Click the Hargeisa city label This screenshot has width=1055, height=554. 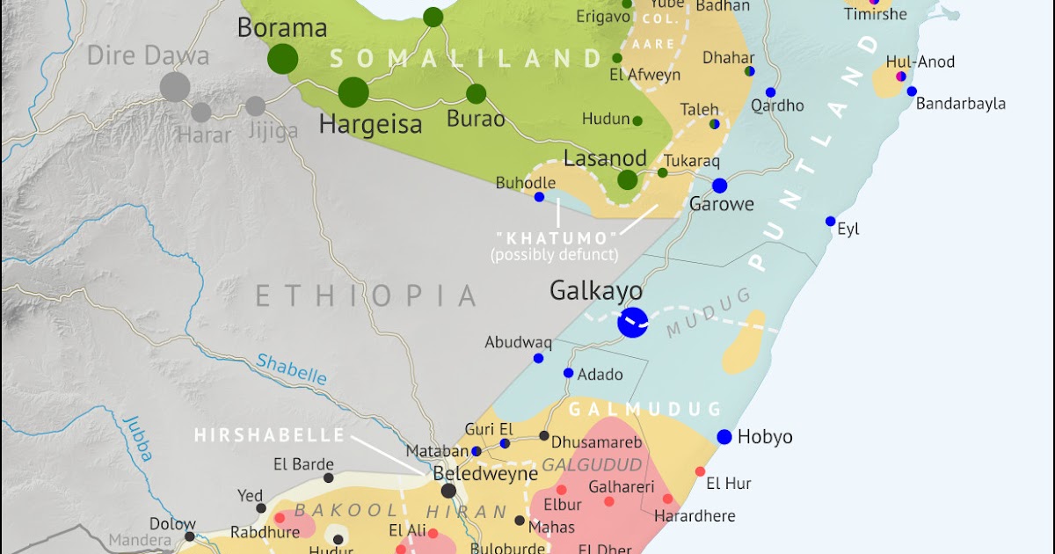coord(370,124)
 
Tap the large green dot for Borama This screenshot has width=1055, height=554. coord(283,59)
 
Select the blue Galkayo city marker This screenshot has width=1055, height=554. coord(632,322)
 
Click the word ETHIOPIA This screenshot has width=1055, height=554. coord(366,295)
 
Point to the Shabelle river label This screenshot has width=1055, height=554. coord(291,368)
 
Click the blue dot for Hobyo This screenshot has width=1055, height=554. coord(724,437)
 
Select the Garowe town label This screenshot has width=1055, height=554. coord(721,205)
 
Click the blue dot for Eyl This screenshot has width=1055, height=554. coord(830,221)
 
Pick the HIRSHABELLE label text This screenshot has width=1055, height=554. coord(269,435)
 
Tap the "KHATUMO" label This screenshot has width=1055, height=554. coord(554,238)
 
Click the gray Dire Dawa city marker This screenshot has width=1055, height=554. coord(175,86)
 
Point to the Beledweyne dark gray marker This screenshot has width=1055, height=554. coord(449,491)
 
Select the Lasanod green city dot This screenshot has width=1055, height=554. coord(627,180)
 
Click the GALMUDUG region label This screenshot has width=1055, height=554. coord(644,409)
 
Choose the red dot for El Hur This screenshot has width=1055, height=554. coord(700,471)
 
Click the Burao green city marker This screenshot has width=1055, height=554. coord(477,94)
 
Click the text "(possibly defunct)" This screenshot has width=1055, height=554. coord(554,255)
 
